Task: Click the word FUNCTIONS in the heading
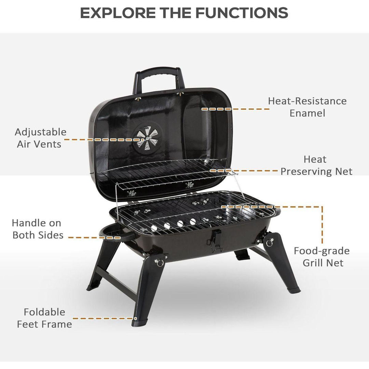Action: coord(242,13)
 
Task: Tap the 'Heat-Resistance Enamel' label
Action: coord(307,107)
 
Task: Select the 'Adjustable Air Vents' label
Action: coord(40,138)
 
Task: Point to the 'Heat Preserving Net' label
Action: coord(316,165)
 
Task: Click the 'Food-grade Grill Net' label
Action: coord(322,257)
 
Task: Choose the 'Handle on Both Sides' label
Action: coord(38,229)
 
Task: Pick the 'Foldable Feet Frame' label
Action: coord(44,318)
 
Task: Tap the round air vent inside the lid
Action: coord(148,137)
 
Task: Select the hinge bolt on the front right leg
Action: coord(270,242)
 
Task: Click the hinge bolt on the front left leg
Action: coord(160,262)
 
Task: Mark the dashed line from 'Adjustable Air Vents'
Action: coord(104,139)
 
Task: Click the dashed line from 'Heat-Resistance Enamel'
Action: coord(235,109)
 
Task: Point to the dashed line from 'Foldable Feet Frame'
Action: coord(105,318)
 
